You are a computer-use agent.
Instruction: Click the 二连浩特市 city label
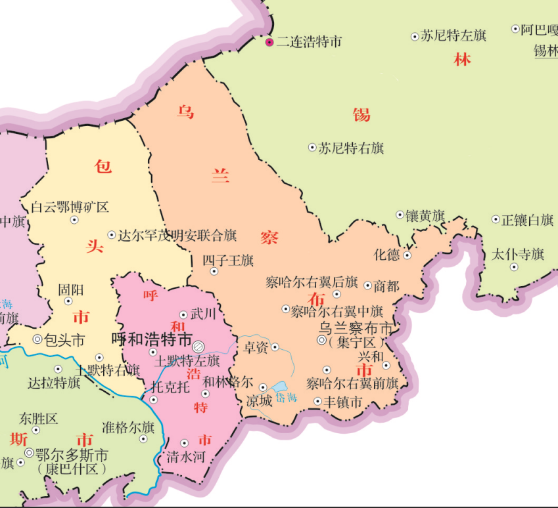click(309, 42)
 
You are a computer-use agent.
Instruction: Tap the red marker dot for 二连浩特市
click(269, 42)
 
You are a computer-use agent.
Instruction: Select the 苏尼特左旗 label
click(453, 36)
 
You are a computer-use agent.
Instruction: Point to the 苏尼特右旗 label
click(351, 148)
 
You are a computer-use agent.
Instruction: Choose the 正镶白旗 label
click(527, 220)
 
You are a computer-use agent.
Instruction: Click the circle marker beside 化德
click(407, 255)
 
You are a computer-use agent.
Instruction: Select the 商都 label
click(386, 286)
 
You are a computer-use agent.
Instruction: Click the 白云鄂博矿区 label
click(70, 207)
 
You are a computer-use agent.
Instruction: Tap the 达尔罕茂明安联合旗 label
click(177, 235)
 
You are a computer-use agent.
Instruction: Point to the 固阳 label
click(70, 289)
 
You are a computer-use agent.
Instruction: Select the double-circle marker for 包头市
click(37, 339)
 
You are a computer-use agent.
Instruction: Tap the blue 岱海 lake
click(281, 388)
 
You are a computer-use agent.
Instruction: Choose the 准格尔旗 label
click(128, 427)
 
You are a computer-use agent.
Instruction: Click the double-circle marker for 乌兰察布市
click(321, 340)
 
